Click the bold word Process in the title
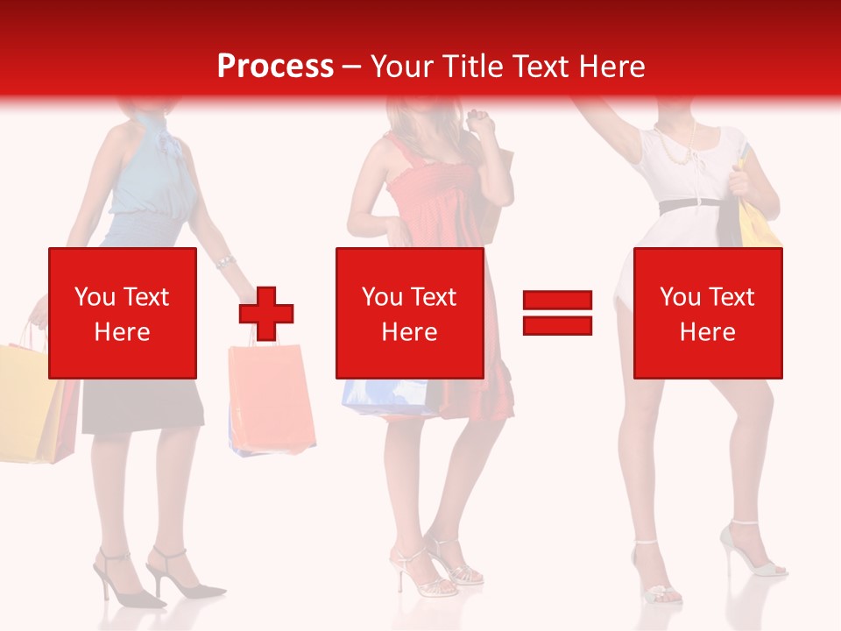275,67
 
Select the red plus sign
266,314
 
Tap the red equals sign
557,313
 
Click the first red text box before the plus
122,313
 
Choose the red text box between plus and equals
409,313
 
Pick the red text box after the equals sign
707,313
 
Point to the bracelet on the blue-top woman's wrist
224,262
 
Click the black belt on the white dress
689,205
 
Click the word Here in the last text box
707,331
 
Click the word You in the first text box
95,297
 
